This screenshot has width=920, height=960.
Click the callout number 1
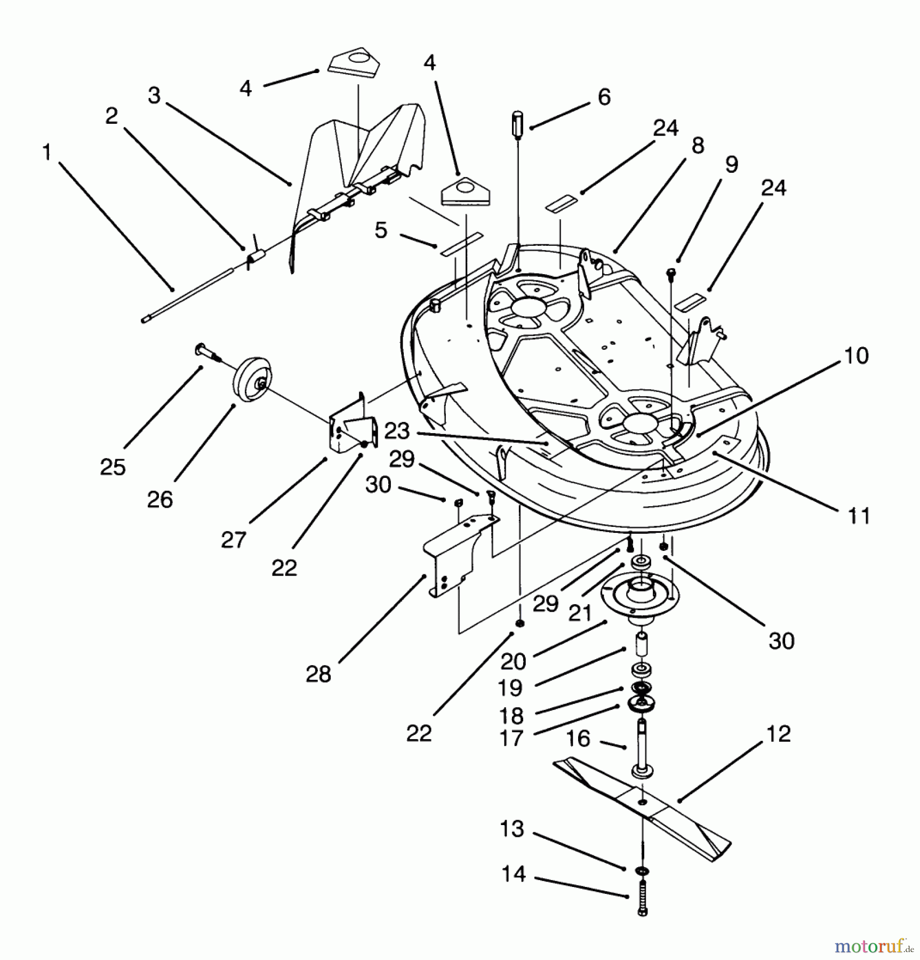coord(47,153)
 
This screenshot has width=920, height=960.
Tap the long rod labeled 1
coord(187,297)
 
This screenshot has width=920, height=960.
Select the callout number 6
coord(604,97)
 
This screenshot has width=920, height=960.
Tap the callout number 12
coord(778,734)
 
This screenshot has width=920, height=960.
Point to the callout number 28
coord(318,674)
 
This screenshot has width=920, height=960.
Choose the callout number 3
coord(154,96)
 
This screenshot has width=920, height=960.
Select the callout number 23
coord(397,431)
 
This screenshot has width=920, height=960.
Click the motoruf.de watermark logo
coord(874,947)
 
